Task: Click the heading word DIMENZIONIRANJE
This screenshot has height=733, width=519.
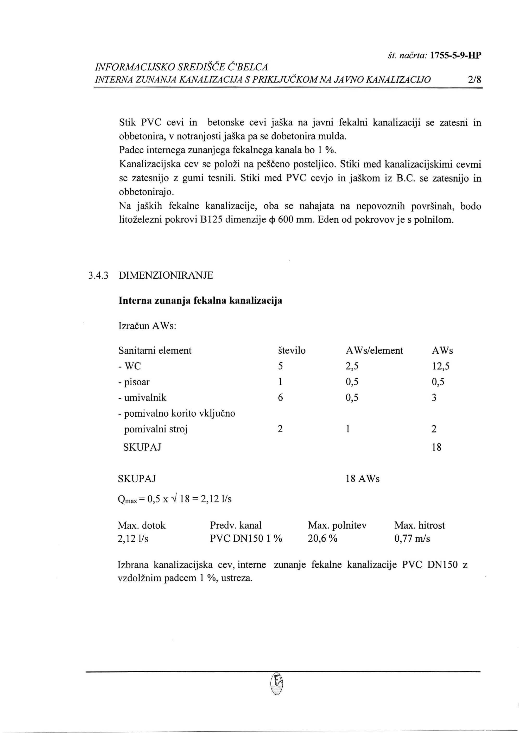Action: (x=166, y=275)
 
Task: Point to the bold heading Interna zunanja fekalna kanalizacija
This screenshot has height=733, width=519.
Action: (x=200, y=301)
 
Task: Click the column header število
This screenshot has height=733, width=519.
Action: (x=292, y=351)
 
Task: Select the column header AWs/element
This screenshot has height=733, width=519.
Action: (x=374, y=351)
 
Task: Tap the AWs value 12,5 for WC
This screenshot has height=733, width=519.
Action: (x=441, y=366)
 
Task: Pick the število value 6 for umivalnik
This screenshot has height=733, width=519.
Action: (x=281, y=398)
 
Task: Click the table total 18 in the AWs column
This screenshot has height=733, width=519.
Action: (x=436, y=447)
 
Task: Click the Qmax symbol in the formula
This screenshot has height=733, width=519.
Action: (x=126, y=500)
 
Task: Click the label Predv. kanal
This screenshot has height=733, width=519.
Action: (x=236, y=525)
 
